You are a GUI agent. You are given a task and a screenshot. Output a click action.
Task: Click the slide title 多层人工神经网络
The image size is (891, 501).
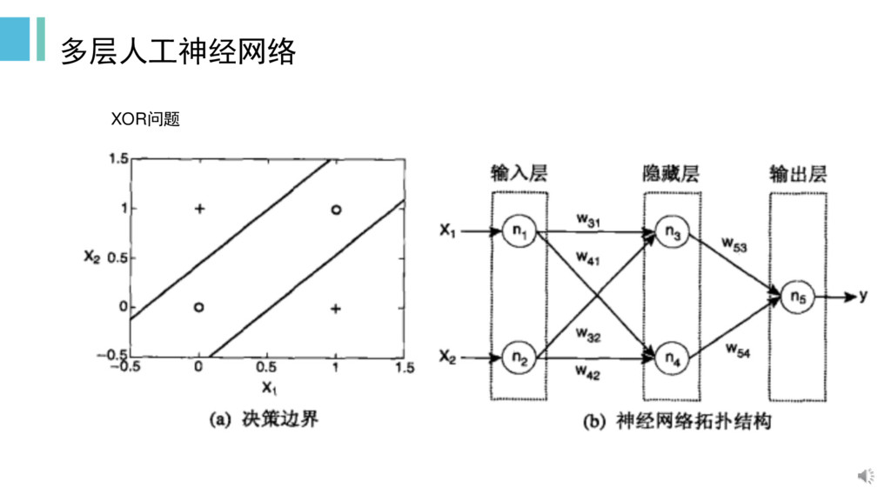point(178,52)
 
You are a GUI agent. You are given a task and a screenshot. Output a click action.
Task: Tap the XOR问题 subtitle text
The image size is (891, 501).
point(145,119)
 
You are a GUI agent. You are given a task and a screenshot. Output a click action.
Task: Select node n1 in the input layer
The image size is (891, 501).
point(519,232)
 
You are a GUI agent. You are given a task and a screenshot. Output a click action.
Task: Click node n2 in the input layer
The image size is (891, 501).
point(519,357)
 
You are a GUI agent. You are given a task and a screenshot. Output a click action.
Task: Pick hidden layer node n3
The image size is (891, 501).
point(672,232)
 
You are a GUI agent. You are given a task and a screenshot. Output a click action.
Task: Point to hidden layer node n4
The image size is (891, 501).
point(672,357)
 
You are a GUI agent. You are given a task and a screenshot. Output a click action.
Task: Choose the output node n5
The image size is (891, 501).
point(797,297)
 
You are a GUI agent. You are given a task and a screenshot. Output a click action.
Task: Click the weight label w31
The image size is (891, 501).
point(588,221)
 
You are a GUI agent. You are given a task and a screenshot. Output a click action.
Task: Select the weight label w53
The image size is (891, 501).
point(734,244)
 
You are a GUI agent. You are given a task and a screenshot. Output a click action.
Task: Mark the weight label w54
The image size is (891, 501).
point(738,350)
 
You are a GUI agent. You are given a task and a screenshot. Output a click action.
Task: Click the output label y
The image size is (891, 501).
point(862,296)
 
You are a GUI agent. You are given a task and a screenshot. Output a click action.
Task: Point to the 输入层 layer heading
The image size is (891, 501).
point(519,174)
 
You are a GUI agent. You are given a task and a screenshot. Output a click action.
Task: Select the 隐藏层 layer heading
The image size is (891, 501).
point(672,174)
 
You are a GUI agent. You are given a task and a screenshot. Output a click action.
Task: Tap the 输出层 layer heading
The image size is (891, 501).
point(797,174)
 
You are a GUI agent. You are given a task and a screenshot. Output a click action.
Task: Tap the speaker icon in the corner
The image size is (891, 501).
point(867,475)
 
